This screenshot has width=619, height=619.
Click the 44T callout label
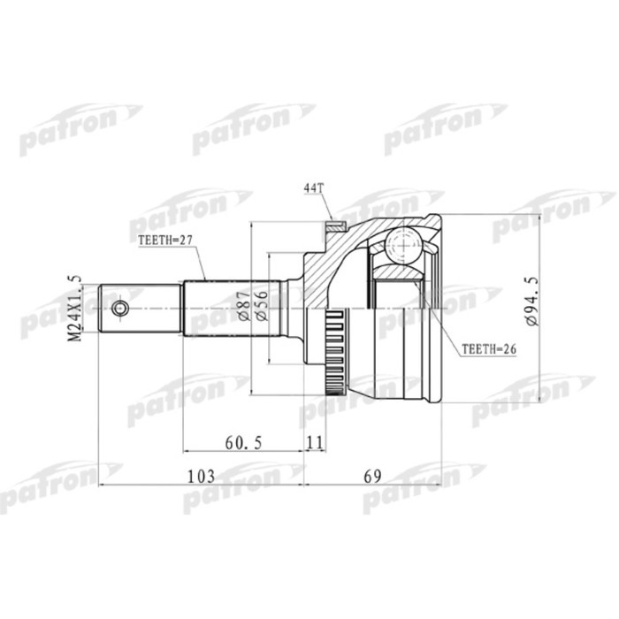pyautogui.click(x=315, y=188)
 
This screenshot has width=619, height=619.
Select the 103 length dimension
pyautogui.click(x=203, y=477)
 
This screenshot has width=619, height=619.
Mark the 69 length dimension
pyautogui.click(x=373, y=477)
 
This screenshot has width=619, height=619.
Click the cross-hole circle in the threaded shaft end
pyautogui.click(x=120, y=309)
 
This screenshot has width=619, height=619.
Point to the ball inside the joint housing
pyautogui.click(x=403, y=244)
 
